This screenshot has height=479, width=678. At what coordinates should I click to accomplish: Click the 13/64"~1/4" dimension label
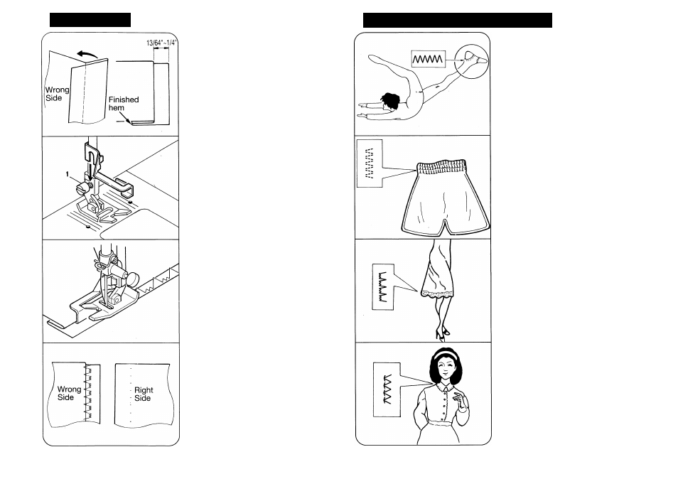(x=161, y=43)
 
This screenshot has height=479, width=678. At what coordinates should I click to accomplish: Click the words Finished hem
(x=124, y=104)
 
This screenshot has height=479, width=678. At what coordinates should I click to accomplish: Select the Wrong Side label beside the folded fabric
(x=58, y=95)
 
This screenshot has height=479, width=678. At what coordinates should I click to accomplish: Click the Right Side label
(x=143, y=394)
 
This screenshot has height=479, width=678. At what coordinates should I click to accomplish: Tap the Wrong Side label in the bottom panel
(x=69, y=394)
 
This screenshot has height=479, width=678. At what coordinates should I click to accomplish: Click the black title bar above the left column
(x=90, y=19)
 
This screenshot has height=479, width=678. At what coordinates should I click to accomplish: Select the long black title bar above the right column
(x=457, y=20)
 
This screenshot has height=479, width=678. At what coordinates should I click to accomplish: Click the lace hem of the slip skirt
(x=441, y=291)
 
